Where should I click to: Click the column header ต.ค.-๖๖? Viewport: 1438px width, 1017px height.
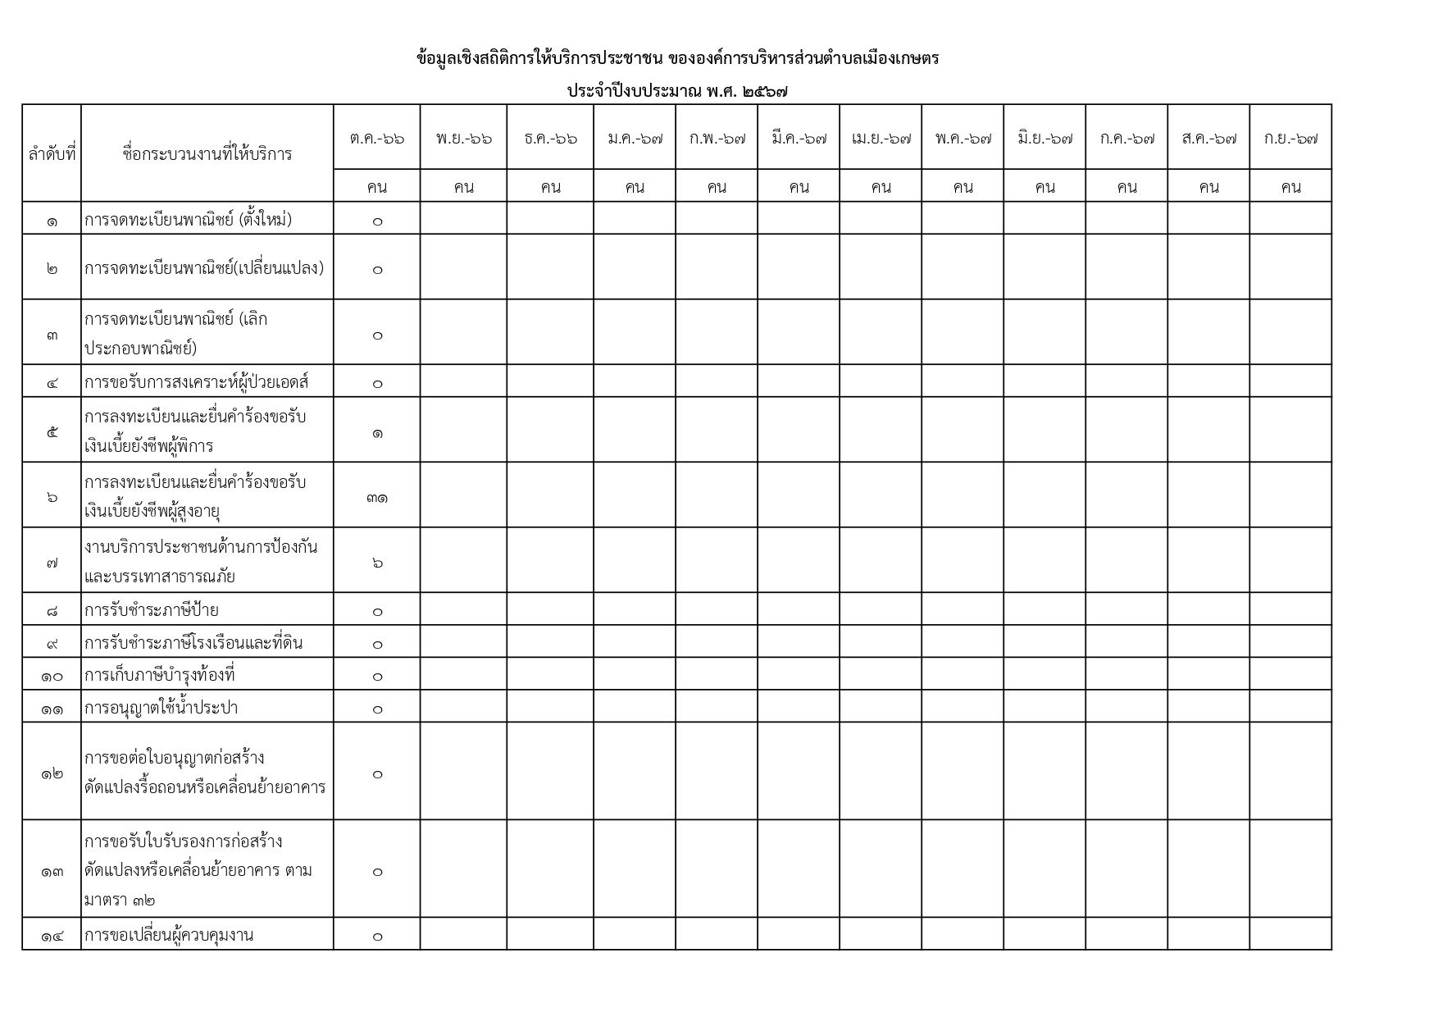(x=377, y=139)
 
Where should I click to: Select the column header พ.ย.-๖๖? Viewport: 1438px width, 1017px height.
(x=464, y=139)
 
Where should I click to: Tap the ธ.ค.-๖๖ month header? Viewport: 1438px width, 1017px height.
(x=550, y=139)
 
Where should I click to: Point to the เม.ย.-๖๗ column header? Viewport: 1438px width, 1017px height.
(x=881, y=139)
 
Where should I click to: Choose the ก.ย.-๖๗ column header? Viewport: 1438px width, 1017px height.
(x=1290, y=139)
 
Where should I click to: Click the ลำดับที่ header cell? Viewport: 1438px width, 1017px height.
(x=52, y=153)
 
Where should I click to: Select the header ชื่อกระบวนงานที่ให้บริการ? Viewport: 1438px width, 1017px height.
(x=207, y=153)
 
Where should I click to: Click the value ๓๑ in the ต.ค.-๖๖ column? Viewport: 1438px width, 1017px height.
(x=377, y=497)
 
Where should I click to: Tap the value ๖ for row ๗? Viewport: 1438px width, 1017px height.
(x=377, y=563)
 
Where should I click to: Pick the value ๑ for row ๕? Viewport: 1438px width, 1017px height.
(x=377, y=432)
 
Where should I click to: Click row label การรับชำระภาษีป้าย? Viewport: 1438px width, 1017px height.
(x=152, y=610)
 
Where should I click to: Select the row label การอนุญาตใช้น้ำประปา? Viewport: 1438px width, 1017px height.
(x=161, y=708)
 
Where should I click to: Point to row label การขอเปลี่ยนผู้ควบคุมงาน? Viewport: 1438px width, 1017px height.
(x=169, y=935)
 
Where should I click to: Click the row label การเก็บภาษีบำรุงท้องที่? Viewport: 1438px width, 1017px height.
(x=160, y=676)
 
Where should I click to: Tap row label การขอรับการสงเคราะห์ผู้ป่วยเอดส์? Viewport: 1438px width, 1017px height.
(x=196, y=382)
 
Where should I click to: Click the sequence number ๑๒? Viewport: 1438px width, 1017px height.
(x=52, y=773)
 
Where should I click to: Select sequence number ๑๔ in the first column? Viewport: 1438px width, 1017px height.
(x=52, y=936)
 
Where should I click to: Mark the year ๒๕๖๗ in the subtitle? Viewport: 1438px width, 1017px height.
(x=764, y=91)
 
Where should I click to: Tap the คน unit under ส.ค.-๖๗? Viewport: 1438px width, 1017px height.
(x=1208, y=187)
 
